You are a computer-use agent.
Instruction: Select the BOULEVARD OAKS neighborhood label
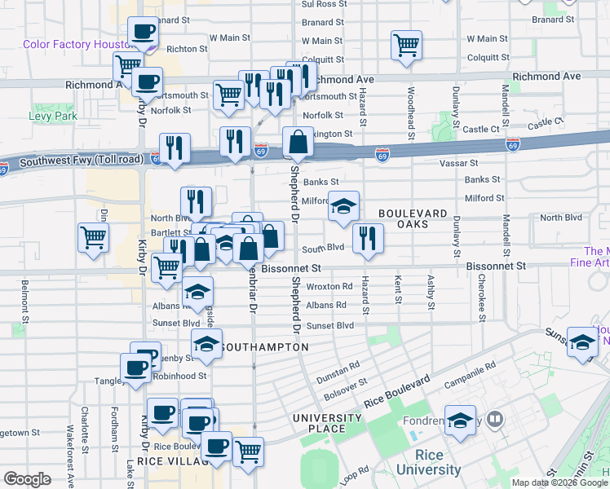[x=413, y=219]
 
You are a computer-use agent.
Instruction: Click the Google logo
[x=27, y=479]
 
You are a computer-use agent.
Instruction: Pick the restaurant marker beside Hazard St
[x=368, y=238]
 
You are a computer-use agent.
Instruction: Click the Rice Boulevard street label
[x=397, y=392]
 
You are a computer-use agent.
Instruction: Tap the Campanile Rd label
[x=470, y=375]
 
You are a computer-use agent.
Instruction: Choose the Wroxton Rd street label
[x=329, y=286]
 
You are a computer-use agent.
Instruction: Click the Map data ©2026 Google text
[x=559, y=482]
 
